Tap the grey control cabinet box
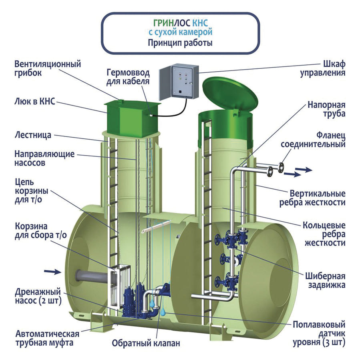(x=179, y=82)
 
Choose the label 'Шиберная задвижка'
(x=326, y=281)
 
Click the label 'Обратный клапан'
(x=146, y=343)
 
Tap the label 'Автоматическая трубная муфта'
(x=47, y=337)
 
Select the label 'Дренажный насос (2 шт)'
(x=38, y=295)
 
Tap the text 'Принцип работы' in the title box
(x=180, y=42)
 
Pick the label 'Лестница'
(x=33, y=135)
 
